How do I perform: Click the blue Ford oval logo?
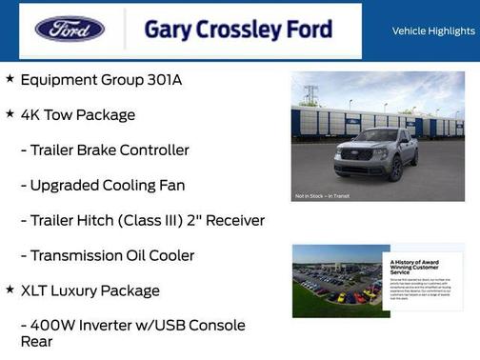click(70, 29)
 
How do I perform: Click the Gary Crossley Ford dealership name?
click(238, 30)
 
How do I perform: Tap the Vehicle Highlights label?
click(432, 30)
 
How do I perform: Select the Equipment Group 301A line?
click(100, 80)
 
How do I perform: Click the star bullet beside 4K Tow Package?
click(10, 113)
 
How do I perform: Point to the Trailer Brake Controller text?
click(110, 150)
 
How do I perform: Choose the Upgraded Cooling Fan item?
click(107, 186)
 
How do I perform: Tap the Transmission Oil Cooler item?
click(112, 255)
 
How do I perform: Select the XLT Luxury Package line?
click(90, 290)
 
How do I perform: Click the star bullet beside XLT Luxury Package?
click(10, 289)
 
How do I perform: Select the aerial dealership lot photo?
click(336, 280)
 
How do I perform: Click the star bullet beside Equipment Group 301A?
click(10, 78)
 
